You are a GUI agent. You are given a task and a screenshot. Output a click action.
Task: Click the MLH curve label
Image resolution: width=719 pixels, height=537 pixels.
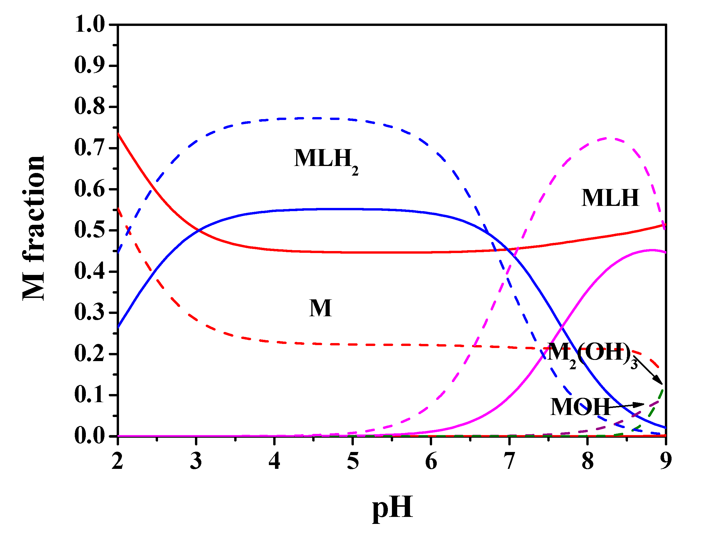[610, 198]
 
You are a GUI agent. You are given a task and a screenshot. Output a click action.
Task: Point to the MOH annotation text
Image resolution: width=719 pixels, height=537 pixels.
[580, 407]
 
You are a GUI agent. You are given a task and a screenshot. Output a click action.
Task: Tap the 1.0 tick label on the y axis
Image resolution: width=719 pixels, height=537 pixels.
[90, 24]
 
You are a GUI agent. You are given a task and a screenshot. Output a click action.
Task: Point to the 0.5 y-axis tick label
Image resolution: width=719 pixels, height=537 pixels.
[90, 230]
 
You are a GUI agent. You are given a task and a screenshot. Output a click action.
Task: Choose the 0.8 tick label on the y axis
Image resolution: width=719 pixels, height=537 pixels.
[90, 107]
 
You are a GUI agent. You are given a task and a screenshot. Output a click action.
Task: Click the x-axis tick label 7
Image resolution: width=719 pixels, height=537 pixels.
[509, 462]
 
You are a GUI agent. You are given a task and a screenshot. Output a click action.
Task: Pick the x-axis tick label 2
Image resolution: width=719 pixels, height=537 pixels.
[118, 462]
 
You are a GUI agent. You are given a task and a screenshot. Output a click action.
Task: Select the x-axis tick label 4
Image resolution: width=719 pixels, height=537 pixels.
[274, 462]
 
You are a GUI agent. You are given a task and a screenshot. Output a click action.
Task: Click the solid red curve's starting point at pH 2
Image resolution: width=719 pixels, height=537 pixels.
[118, 134]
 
